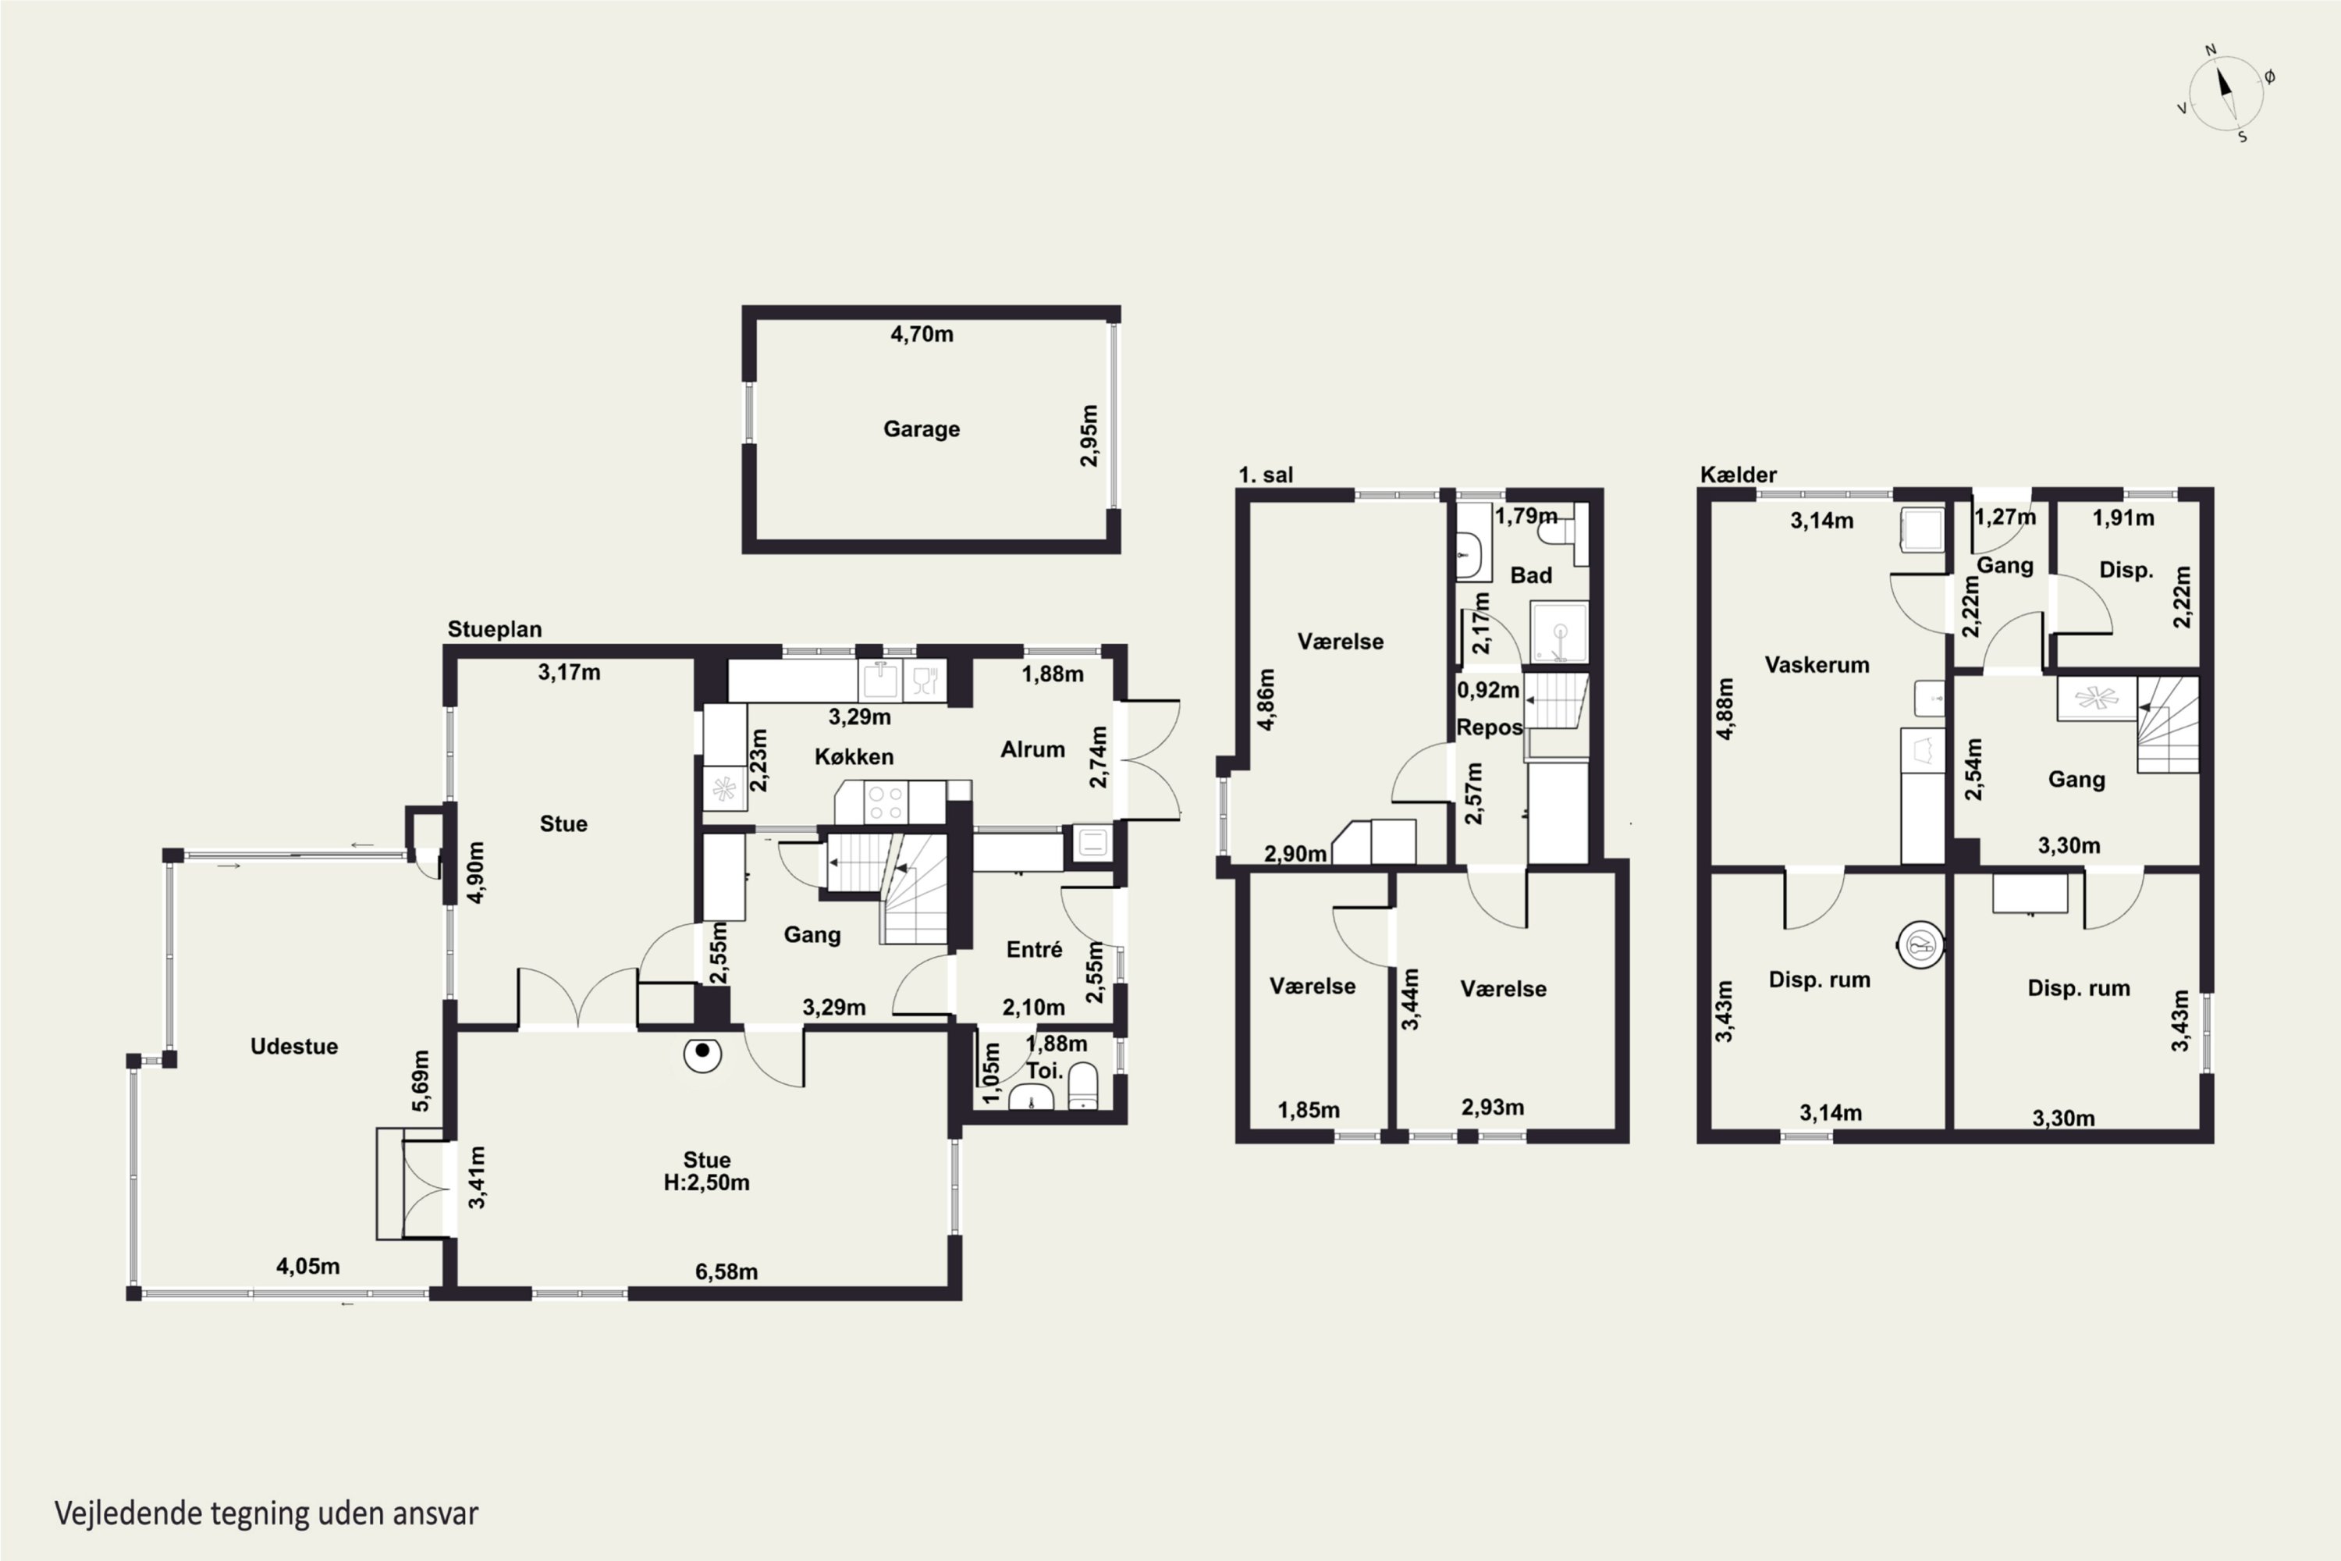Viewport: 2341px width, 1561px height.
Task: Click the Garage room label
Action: pos(922,429)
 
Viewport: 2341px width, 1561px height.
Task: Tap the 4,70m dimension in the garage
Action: pos(922,333)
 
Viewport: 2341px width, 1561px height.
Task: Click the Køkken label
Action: pos(854,756)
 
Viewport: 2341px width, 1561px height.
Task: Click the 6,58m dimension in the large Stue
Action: pos(726,1271)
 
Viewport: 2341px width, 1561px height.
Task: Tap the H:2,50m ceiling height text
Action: pos(707,1182)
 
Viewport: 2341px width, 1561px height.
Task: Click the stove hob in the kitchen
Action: pos(884,802)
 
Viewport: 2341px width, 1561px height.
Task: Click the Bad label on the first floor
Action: pos(1531,575)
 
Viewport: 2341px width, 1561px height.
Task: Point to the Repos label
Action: pos(1489,727)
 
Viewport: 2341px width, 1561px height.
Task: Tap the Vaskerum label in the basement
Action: pos(1817,665)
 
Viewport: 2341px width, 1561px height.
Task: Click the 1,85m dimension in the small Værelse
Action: pos(1309,1110)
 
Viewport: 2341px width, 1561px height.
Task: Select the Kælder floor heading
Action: pos(1738,475)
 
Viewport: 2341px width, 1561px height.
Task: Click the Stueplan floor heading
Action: pos(495,629)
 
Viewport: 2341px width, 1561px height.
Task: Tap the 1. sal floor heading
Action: pos(1266,475)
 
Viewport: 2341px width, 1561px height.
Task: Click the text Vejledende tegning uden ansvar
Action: pos(266,1513)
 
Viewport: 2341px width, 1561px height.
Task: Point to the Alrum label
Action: pos(1032,749)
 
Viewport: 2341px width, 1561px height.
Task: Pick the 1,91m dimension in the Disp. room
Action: pos(2123,517)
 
